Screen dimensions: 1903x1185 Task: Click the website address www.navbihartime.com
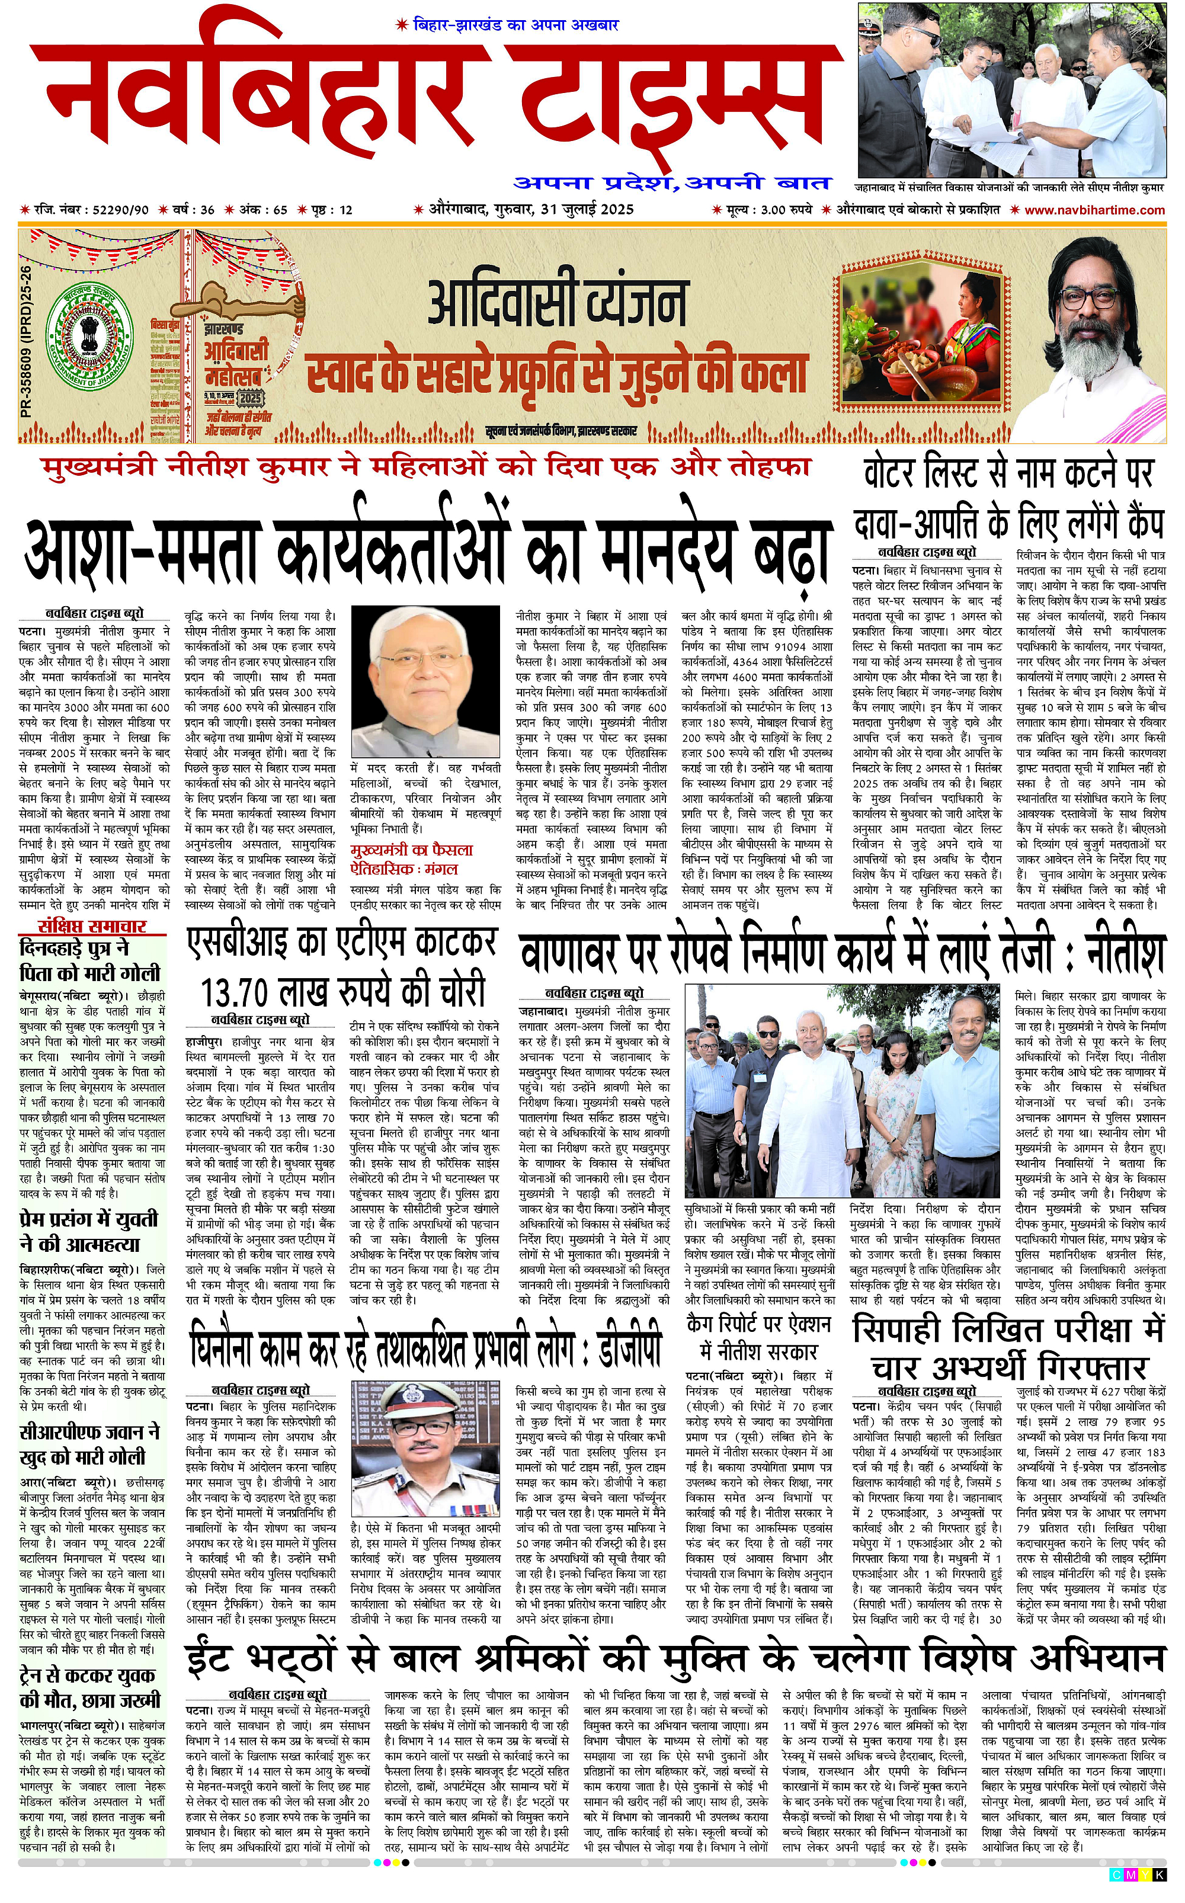pos(1094,209)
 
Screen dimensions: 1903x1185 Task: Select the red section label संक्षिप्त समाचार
pos(92,926)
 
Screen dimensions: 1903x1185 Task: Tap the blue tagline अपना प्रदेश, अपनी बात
pos(672,183)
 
